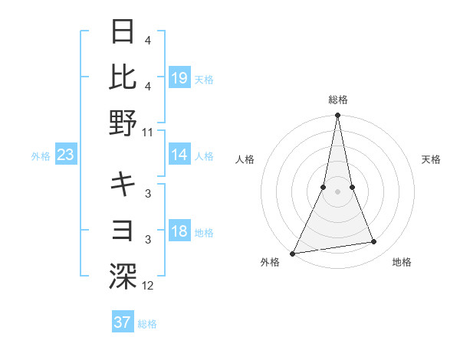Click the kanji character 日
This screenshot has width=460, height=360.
tap(123, 33)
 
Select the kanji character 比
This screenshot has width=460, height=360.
tap(123, 77)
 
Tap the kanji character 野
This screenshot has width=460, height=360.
tap(123, 123)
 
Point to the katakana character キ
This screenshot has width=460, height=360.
tap(123, 184)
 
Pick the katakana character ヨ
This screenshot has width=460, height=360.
tap(123, 229)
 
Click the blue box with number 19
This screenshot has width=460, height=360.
tap(179, 78)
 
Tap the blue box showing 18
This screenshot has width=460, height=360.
tap(179, 232)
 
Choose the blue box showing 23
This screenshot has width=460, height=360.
tap(66, 155)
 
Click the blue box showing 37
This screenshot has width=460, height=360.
tap(123, 322)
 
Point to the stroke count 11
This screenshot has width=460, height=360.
tap(148, 132)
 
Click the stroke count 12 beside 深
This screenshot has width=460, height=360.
tap(148, 286)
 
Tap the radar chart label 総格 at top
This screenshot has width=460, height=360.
tap(338, 100)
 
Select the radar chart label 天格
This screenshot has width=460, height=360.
tap(431, 159)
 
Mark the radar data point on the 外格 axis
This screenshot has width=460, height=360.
tap(293, 254)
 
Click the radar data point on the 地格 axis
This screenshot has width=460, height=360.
tap(374, 242)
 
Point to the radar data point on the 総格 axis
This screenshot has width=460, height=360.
tap(338, 116)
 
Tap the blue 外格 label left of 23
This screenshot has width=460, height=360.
tap(41, 156)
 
